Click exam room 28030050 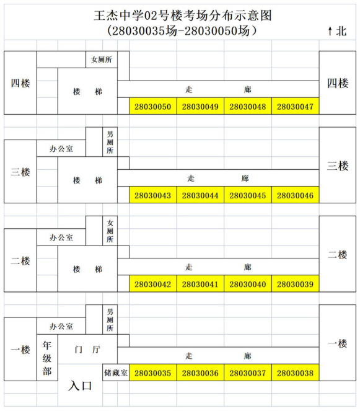153,106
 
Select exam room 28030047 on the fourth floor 296,106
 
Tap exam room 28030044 200,195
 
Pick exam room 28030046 296,195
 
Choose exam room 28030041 200,284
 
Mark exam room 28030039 296,284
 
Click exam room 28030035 153,373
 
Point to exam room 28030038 296,373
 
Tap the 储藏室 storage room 116,373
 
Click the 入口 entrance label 80,386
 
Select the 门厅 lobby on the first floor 87,350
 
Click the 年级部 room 47,358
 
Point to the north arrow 330,31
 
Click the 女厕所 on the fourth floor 102,60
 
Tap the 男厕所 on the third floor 110,142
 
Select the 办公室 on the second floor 61,237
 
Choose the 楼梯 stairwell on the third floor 87,180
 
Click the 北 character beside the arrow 341,31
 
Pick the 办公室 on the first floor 61,326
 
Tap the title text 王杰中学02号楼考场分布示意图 183,15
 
